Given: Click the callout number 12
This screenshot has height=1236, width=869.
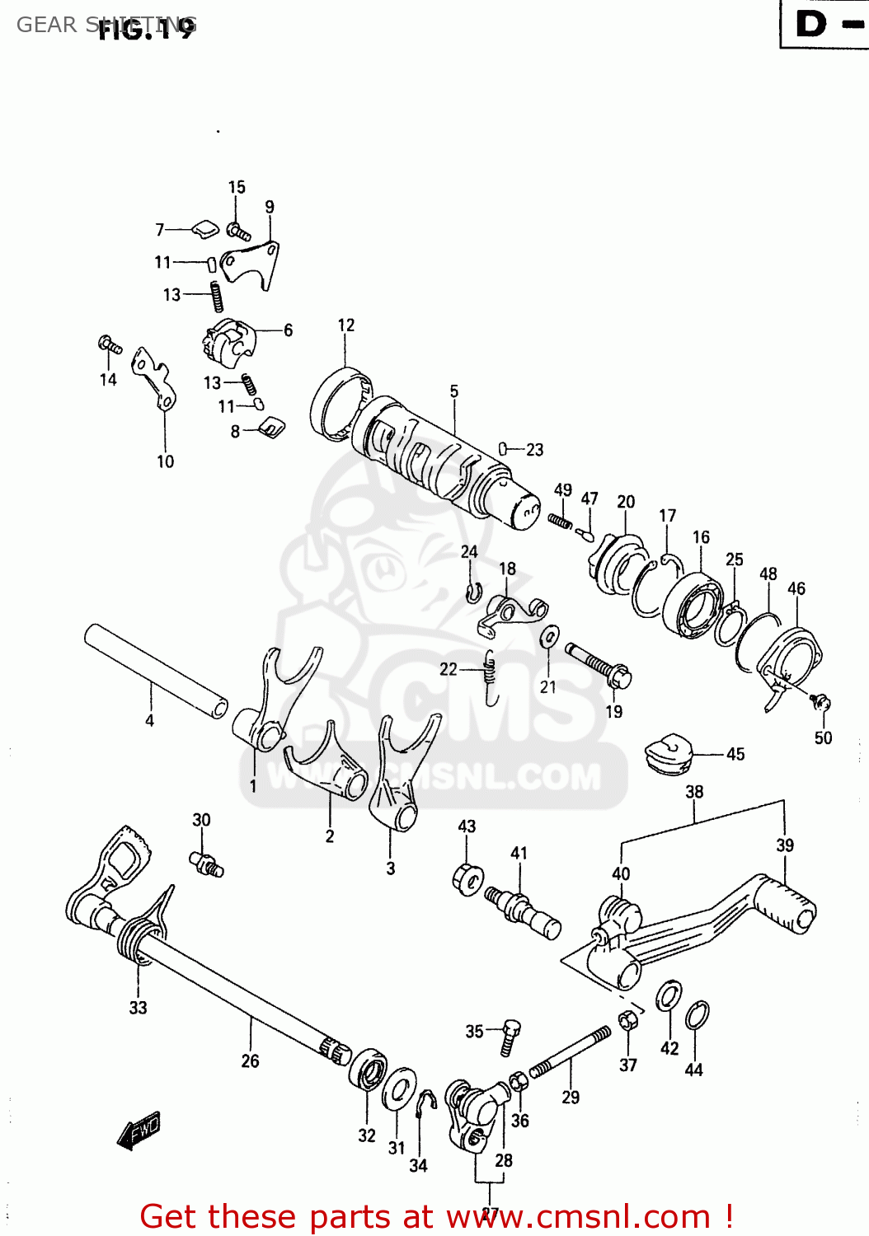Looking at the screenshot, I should tap(346, 325).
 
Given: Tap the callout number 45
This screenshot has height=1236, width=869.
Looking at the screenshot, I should tap(735, 754).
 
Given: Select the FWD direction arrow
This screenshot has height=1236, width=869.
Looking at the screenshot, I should tap(139, 1131).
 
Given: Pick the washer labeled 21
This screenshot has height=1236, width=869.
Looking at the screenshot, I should tap(548, 636).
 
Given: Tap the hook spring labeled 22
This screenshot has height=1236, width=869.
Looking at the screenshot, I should tap(491, 678).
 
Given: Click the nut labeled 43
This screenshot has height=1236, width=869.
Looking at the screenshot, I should tap(467, 878).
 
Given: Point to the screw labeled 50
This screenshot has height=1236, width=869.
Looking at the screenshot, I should tap(820, 702).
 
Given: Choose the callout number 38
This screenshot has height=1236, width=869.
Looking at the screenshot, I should tap(694, 792).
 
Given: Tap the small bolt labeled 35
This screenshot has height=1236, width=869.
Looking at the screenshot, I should tap(510, 1035).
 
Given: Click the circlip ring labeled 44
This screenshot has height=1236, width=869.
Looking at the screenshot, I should tap(697, 1015).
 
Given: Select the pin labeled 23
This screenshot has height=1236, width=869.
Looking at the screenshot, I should tap(502, 448).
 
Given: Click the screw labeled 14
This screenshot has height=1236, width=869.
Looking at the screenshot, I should tap(110, 344).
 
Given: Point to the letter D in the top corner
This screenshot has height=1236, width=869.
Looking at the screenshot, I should tap(810, 24).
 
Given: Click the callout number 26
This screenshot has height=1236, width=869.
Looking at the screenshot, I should tap(250, 1061).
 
